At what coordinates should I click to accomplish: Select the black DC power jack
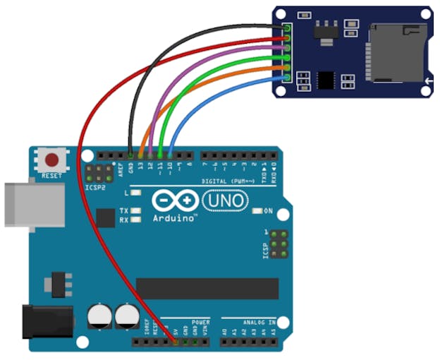[47, 321]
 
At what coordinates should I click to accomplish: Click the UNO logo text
[225, 201]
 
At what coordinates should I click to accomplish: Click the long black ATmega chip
[207, 288]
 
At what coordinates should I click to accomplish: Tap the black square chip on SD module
[326, 79]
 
